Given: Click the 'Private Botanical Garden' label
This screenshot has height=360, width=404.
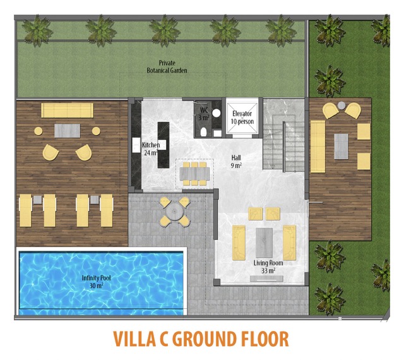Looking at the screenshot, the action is [x=167, y=66].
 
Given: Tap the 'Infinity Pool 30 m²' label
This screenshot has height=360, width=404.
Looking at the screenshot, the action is [x=96, y=282].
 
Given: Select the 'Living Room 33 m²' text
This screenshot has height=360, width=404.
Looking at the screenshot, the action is [x=268, y=267].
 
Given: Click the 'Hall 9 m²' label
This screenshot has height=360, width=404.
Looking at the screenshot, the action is [x=236, y=162].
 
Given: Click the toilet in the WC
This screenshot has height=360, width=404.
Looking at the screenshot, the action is [x=203, y=131].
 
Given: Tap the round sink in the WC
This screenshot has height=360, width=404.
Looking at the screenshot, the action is [x=217, y=112].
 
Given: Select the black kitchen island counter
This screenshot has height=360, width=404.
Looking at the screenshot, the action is [x=163, y=145].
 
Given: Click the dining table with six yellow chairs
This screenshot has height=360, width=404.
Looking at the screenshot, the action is [x=195, y=174].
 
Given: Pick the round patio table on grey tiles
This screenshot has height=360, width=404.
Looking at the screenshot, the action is [x=174, y=212].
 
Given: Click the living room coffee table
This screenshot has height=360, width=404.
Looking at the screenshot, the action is [x=264, y=243].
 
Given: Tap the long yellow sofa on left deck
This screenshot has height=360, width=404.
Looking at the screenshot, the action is [x=68, y=111].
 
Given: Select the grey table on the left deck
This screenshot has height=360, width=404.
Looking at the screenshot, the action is [x=68, y=131].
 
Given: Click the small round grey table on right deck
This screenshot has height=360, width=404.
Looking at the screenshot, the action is [x=342, y=105].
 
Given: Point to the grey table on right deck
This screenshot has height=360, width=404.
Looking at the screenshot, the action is [x=341, y=147].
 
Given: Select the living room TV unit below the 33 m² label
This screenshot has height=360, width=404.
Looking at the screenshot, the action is [x=266, y=279].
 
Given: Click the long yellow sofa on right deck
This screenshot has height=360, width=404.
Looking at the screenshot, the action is [x=318, y=147].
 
